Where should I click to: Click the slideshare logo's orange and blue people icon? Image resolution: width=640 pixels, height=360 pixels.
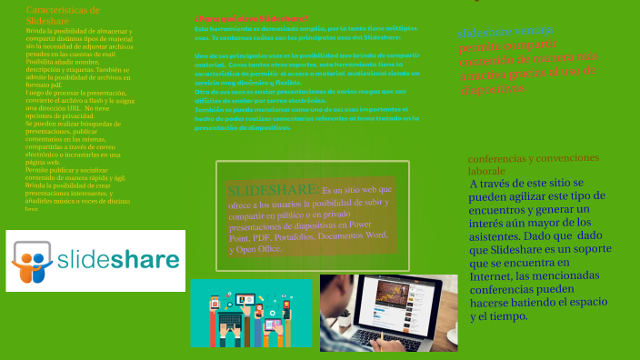[33, 262]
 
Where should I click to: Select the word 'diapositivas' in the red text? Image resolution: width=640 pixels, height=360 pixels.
[492, 89]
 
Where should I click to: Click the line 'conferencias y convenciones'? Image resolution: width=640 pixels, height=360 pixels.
[534, 158]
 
